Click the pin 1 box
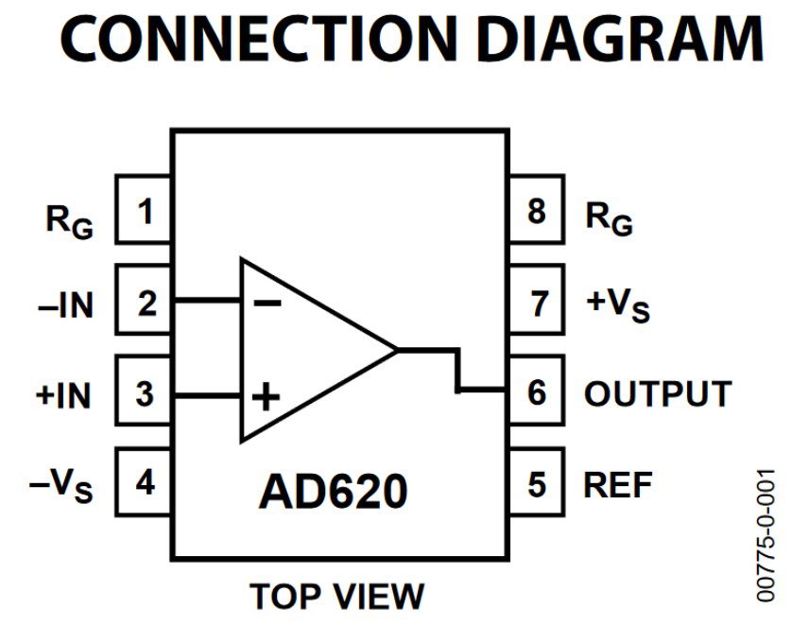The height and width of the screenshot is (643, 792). click(x=144, y=212)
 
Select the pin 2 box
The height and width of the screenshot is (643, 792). click(x=144, y=303)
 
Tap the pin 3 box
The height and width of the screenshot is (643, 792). click(x=144, y=392)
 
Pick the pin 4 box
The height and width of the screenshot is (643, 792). click(x=144, y=483)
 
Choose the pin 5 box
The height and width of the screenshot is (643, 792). click(x=536, y=483)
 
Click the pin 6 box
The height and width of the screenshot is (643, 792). click(x=536, y=392)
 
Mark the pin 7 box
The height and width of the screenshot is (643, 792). click(x=536, y=303)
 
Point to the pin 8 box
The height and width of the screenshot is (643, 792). click(x=536, y=212)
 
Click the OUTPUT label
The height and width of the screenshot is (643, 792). click(x=657, y=393)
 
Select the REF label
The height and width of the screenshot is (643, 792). click(x=618, y=484)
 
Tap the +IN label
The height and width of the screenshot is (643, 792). click(x=64, y=395)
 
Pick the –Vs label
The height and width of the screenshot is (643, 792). click(x=61, y=487)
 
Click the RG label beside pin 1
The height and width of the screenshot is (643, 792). click(x=69, y=220)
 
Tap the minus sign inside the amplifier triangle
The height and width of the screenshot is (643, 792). click(x=268, y=303)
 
